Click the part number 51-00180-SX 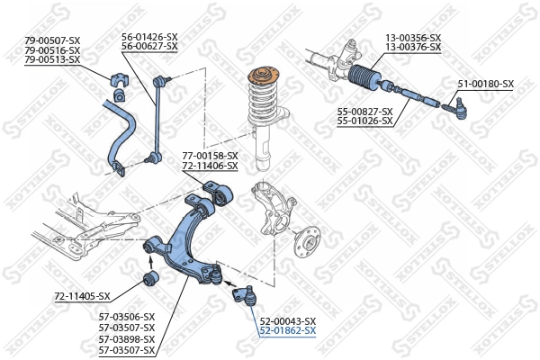pos(485,84)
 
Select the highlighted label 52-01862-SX pos(287,331)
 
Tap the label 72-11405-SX pos(82,296)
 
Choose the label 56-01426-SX pos(149,37)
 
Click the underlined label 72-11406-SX pos(210,166)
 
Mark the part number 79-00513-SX pos(52,59)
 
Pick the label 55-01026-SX pos(364,121)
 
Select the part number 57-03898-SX pos(126,338)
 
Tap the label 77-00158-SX pos(210,156)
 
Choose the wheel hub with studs pos(310,244)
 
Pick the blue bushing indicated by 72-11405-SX pos(152,275)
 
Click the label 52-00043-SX pos(287,321)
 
